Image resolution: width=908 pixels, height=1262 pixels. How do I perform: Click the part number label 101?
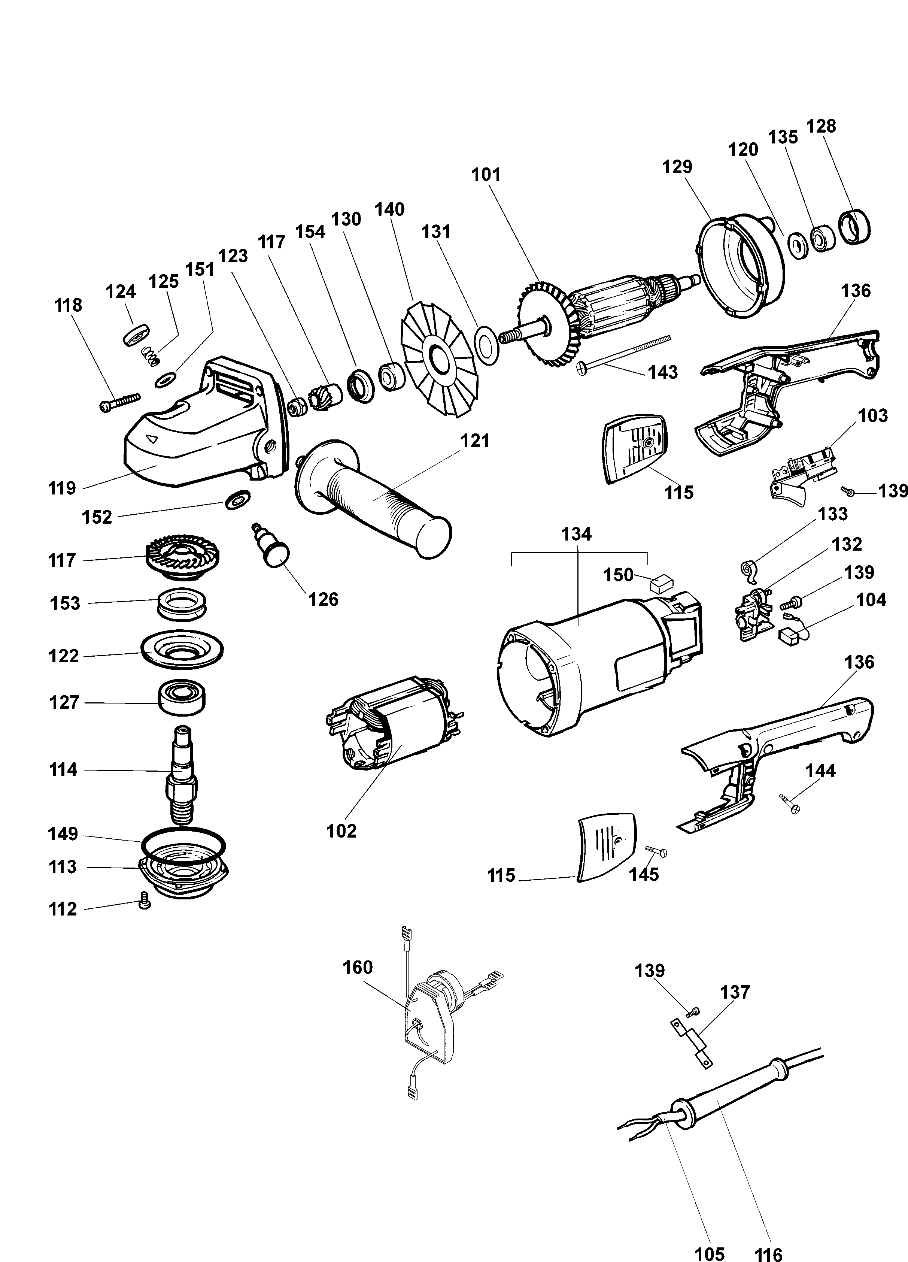[486, 175]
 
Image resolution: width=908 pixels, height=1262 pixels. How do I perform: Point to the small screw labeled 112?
[145, 900]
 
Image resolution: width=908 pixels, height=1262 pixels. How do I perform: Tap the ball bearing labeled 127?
[181, 697]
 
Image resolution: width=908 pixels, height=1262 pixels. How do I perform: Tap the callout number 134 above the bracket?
[576, 534]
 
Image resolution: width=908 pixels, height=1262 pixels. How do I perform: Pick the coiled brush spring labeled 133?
[750, 569]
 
